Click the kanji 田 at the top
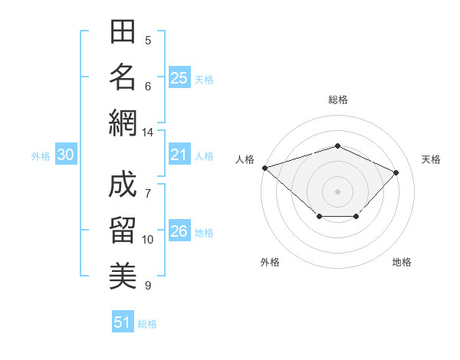123,31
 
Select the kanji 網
123,123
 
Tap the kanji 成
123,184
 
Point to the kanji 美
123,276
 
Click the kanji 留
123,230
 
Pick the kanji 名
123,77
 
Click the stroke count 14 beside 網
147,133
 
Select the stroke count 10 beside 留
147,240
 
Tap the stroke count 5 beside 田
148,40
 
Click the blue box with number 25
179,77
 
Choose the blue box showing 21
179,154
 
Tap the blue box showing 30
66,154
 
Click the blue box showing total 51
123,321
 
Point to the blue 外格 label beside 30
41,156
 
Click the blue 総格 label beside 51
147,324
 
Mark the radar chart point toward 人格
265,168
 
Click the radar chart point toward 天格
396,172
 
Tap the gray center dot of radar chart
337,191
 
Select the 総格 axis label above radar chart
338,100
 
